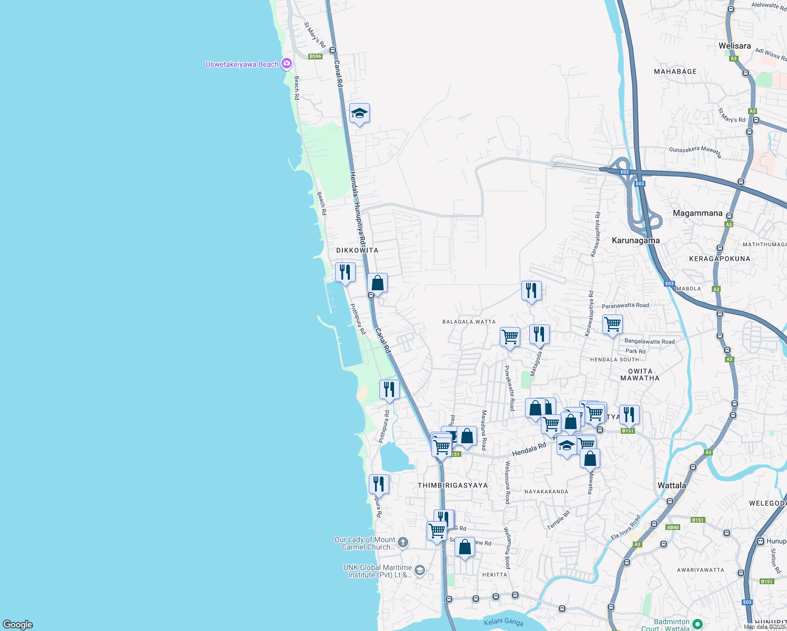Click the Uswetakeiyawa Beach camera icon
click(x=287, y=64)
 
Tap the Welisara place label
click(x=734, y=46)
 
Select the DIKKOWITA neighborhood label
click(x=357, y=250)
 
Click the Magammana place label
click(x=698, y=213)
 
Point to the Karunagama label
click(x=635, y=240)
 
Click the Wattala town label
click(x=672, y=485)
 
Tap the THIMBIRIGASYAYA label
click(x=452, y=485)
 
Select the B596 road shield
click(x=315, y=56)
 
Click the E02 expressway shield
click(x=624, y=172)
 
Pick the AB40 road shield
click(x=673, y=527)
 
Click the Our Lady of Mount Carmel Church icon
click(x=403, y=543)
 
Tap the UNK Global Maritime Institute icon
click(x=419, y=571)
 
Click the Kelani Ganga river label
click(x=503, y=622)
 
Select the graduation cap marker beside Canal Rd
click(x=359, y=113)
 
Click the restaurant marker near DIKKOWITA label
click(x=345, y=272)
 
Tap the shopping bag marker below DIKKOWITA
click(x=377, y=283)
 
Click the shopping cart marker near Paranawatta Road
click(x=612, y=324)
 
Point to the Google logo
click(x=18, y=624)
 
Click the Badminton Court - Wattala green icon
click(x=698, y=624)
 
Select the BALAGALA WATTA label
click(x=469, y=322)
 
